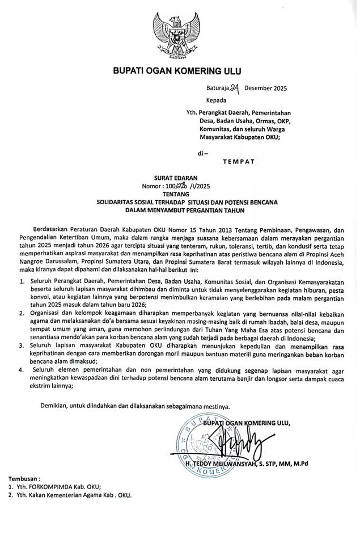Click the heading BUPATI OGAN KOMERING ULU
coord(177,71)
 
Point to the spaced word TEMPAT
coord(238,162)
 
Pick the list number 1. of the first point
coord(22,282)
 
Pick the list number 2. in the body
coord(22,313)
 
